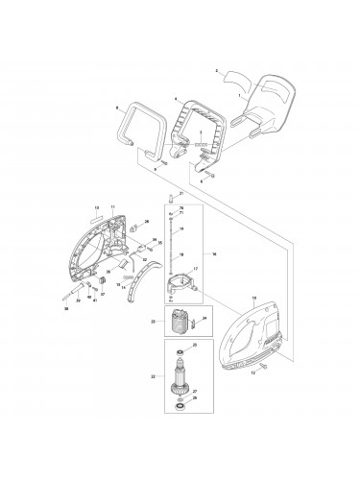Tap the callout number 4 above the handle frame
pos(175,98)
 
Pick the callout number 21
pos(180,194)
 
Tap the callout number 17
pos(195,270)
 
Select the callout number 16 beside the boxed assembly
pos(215,254)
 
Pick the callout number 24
pos(204,317)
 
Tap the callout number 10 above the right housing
pos(253,300)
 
